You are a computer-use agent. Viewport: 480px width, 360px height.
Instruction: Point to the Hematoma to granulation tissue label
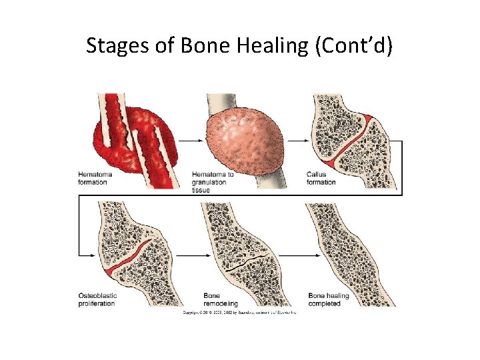213,182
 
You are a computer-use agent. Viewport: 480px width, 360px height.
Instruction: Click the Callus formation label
321,178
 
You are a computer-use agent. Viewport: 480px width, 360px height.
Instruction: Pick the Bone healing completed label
325,299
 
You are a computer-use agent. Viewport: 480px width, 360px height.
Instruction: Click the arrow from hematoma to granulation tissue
189,141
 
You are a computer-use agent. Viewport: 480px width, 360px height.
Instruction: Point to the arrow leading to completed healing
296,255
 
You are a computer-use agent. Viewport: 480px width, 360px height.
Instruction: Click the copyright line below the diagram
239,311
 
